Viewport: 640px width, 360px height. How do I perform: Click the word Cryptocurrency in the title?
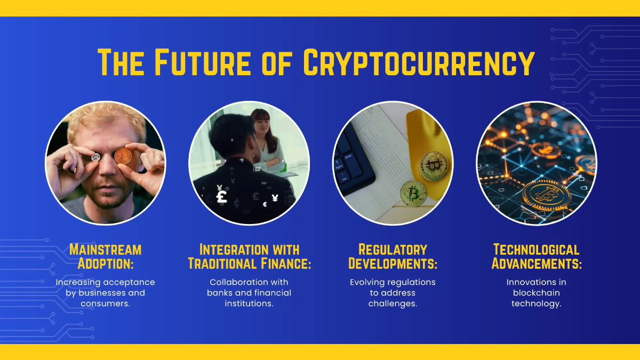coord(419,62)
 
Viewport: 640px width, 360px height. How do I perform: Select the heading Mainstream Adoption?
coord(105,257)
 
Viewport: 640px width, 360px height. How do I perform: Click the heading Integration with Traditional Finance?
coord(249,257)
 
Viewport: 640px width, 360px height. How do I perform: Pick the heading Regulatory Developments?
coord(393,257)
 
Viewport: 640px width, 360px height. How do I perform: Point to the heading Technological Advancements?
coord(536,257)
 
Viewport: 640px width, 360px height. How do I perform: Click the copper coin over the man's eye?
coord(123,156)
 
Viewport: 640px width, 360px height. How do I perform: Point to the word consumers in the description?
coord(105,303)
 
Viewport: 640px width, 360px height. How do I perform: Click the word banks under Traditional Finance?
coord(219,293)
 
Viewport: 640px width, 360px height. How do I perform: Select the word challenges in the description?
coord(393,303)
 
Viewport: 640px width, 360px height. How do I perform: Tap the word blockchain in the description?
coord(536,293)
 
